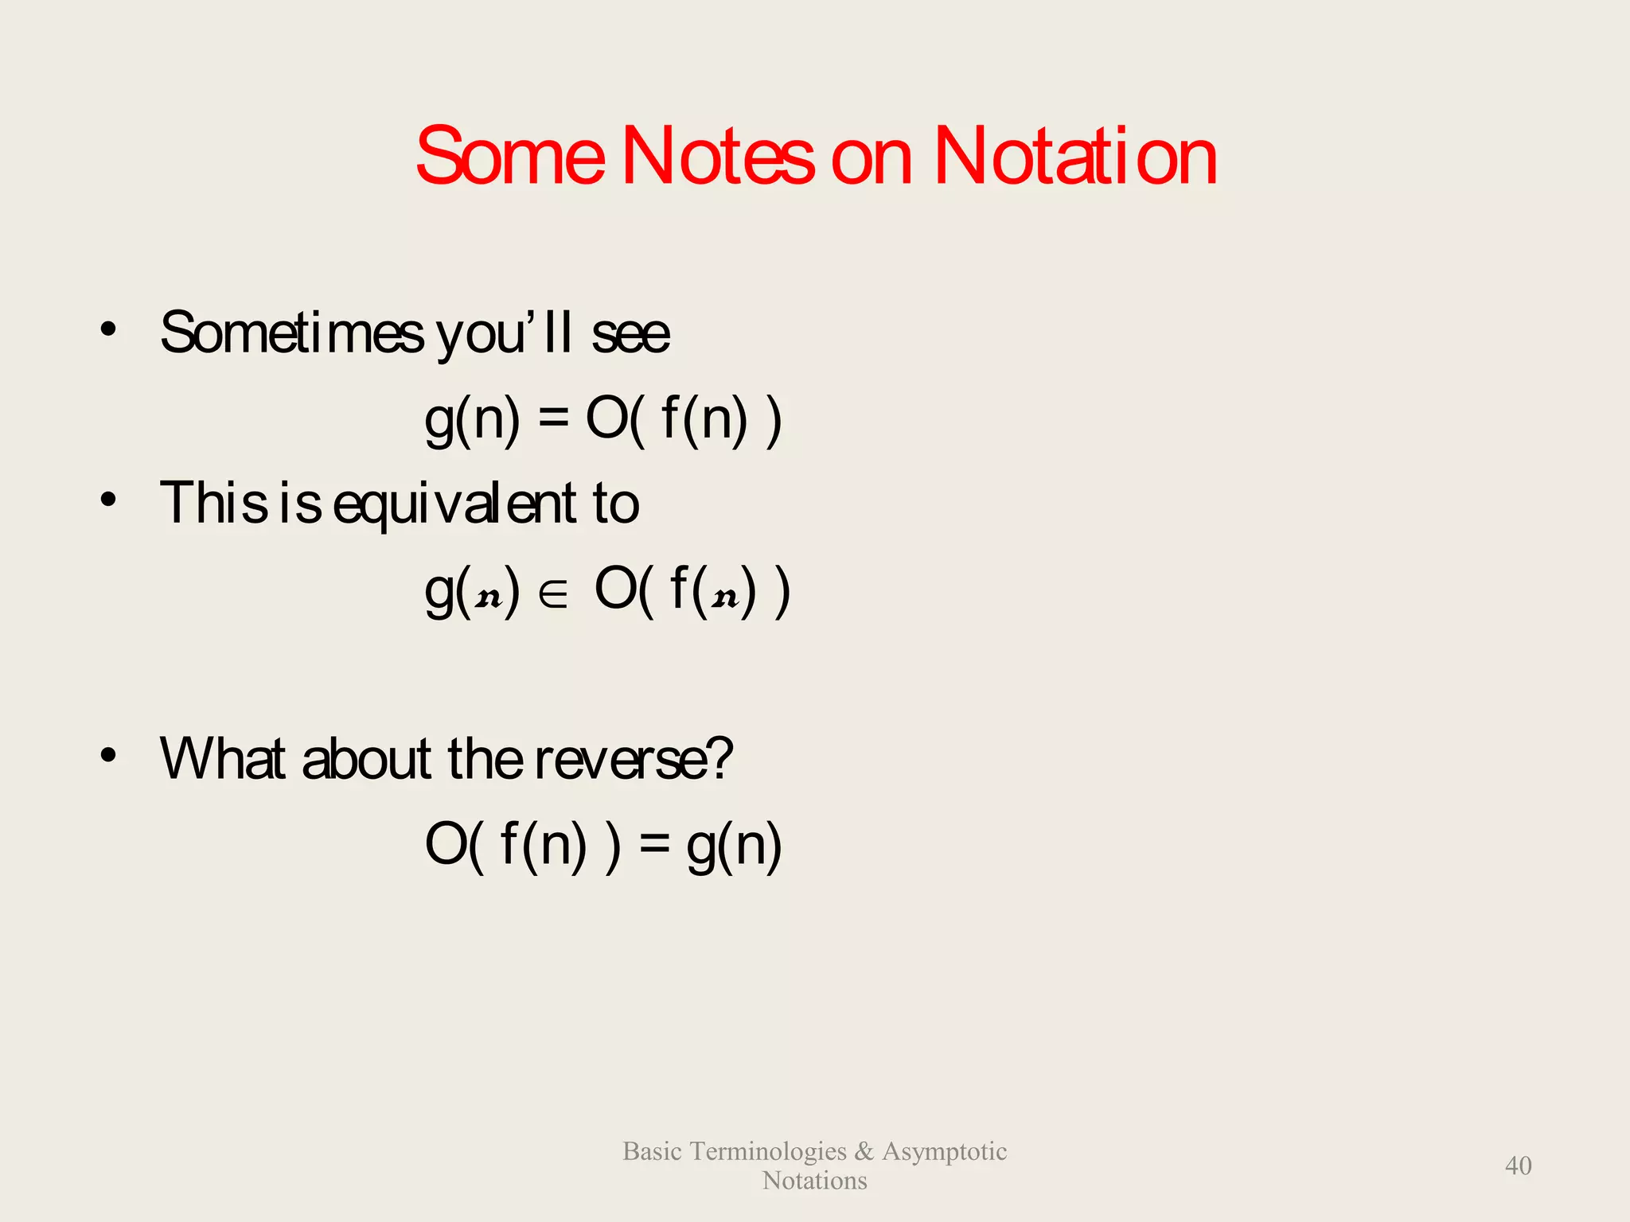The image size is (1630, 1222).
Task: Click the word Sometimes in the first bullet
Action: pos(292,333)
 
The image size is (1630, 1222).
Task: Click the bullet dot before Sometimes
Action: pos(109,329)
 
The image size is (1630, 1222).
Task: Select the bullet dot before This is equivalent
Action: pos(109,500)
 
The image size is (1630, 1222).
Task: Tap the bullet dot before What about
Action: pos(109,755)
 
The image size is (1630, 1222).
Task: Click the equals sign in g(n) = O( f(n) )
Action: pos(553,419)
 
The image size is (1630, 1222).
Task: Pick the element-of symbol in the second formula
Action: pos(553,596)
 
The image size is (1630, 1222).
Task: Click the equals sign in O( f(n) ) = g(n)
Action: pos(654,846)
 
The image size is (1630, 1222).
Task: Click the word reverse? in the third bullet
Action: pos(633,759)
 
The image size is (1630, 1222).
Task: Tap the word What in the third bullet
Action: pos(223,757)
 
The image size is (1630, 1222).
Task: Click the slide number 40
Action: pos(1518,1166)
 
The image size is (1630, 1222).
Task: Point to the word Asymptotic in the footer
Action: pos(944,1151)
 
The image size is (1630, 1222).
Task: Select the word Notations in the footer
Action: pos(814,1181)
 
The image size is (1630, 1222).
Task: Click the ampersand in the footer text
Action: pos(864,1151)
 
